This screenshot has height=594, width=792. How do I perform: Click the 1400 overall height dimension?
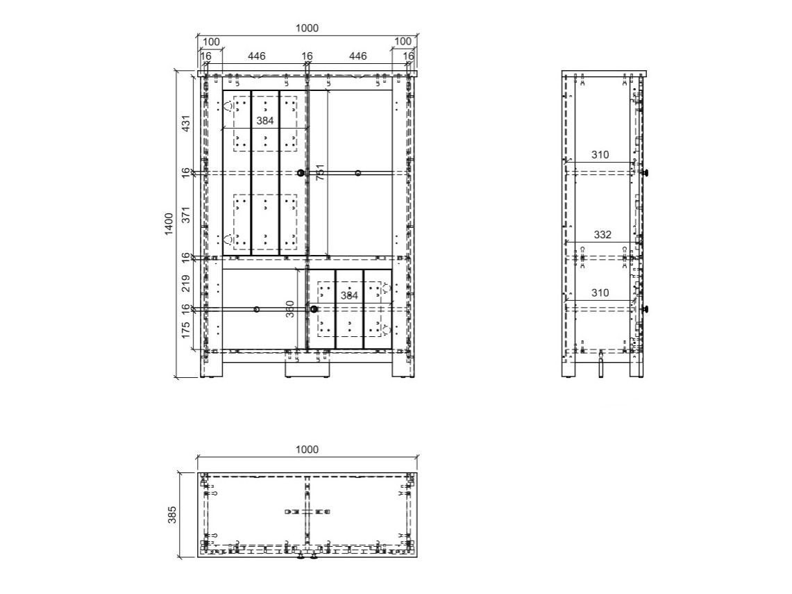click(x=169, y=224)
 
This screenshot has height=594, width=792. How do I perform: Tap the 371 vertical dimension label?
click(x=186, y=215)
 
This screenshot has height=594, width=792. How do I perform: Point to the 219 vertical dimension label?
click(x=186, y=283)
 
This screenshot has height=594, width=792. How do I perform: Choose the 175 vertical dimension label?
click(x=186, y=329)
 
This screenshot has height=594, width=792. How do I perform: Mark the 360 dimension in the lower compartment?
click(x=291, y=308)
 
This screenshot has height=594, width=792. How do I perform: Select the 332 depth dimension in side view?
click(x=603, y=235)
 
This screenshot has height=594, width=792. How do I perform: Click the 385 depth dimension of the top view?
click(x=172, y=514)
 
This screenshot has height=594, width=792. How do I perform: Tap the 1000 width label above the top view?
click(x=307, y=449)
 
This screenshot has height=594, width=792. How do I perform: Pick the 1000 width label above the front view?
click(x=307, y=28)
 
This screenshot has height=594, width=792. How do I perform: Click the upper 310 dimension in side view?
click(x=600, y=155)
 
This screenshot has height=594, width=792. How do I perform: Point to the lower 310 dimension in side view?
click(x=600, y=293)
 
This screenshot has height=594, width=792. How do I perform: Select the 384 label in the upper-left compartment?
click(x=264, y=120)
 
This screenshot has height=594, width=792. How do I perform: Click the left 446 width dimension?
click(x=254, y=56)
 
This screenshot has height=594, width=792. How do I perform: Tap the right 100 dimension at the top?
click(x=403, y=42)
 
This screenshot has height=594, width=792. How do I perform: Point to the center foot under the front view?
click(x=307, y=370)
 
